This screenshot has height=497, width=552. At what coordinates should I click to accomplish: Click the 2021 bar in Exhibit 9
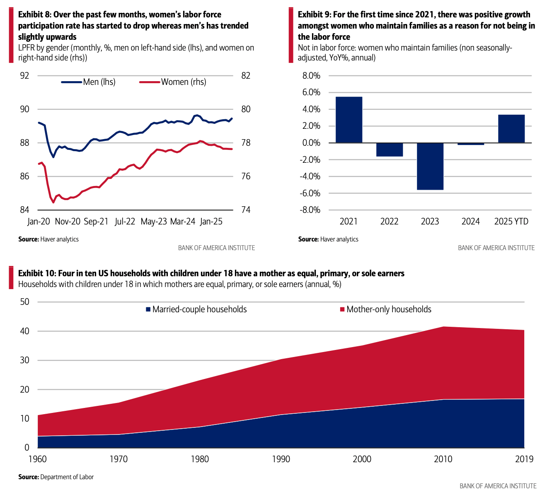(x=349, y=120)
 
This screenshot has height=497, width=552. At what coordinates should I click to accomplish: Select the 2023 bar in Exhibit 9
(x=430, y=166)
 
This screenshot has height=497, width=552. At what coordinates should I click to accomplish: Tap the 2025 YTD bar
(x=511, y=129)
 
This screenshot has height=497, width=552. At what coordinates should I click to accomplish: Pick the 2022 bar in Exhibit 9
(x=389, y=150)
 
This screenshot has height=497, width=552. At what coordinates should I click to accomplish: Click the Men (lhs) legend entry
(x=88, y=82)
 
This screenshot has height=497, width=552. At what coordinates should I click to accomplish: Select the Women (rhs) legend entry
(x=172, y=82)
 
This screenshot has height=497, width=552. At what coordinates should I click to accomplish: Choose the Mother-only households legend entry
(x=385, y=309)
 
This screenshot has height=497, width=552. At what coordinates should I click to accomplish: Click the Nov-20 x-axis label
(x=68, y=222)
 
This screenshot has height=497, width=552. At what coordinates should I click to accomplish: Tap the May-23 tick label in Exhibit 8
(x=154, y=222)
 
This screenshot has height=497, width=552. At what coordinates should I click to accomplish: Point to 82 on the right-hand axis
(x=246, y=76)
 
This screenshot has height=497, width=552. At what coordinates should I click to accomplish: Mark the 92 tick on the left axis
(x=25, y=76)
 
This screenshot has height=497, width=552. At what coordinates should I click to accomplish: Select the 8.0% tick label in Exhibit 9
(x=312, y=76)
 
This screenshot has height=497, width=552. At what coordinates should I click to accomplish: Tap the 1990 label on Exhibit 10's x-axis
(x=281, y=459)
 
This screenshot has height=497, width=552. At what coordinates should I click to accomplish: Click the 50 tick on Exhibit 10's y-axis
(x=25, y=302)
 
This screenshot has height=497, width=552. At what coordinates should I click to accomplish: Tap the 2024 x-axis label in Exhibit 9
(x=470, y=222)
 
